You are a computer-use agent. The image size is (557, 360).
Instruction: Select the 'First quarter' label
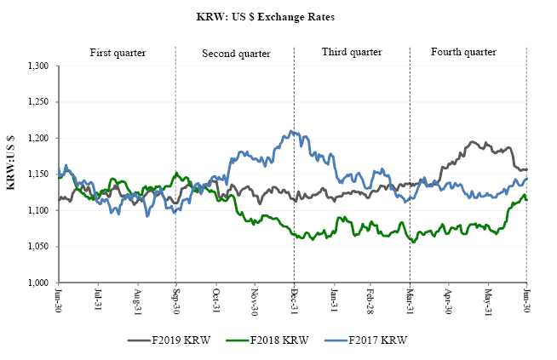[x=118, y=53]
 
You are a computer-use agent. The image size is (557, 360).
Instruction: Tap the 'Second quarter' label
[x=236, y=54]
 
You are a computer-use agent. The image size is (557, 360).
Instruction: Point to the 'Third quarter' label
[x=350, y=53]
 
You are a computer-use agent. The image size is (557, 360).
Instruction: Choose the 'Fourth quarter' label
[x=463, y=53]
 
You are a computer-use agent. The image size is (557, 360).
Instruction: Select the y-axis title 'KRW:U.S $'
[x=11, y=174]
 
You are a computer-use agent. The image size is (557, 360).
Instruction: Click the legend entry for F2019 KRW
[x=175, y=340]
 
